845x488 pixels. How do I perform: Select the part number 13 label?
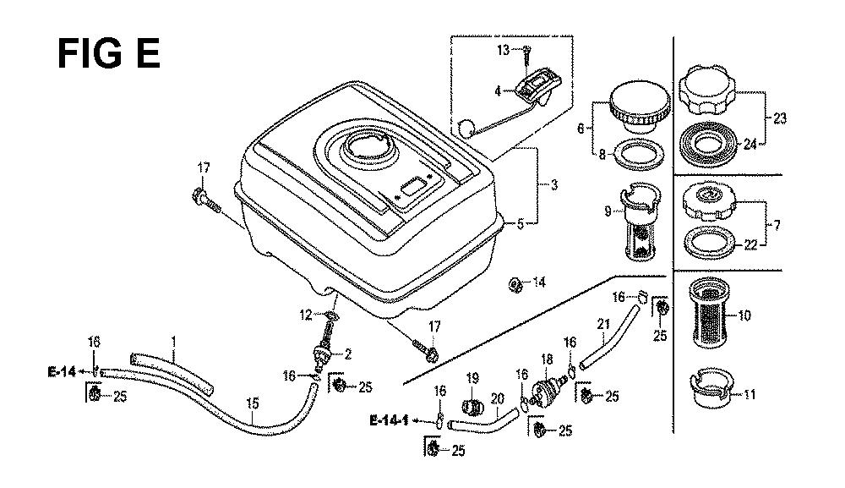click(503, 50)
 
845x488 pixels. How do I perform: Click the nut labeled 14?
click(515, 284)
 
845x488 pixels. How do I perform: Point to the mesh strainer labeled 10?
click(709, 312)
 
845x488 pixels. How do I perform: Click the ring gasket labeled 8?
click(639, 154)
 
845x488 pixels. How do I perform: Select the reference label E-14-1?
click(388, 420)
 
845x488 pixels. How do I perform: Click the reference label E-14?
click(62, 371)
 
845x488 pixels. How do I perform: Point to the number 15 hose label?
click(252, 403)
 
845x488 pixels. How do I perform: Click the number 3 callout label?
click(554, 185)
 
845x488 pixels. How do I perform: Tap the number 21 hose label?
click(603, 324)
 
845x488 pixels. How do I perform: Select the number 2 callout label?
click(347, 354)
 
